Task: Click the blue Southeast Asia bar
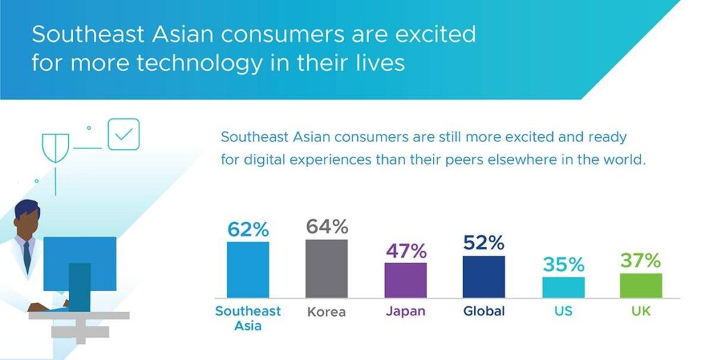pos(248,269)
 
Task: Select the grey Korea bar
pos(327,269)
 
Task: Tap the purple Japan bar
pos(406,280)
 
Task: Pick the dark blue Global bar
pos(484,277)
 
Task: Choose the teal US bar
pos(563,288)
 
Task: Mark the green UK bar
pos(641,285)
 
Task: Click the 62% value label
pos(249,230)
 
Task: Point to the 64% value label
pos(327,226)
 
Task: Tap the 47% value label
pos(407,251)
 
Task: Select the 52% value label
pos(484,243)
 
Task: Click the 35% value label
pos(563,265)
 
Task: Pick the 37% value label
pos(641,261)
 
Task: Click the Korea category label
pos(327,312)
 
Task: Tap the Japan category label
pos(406,311)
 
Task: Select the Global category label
pos(484,311)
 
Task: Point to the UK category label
pos(641,311)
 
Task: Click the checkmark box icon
pos(124,134)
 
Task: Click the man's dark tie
pos(27,257)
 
